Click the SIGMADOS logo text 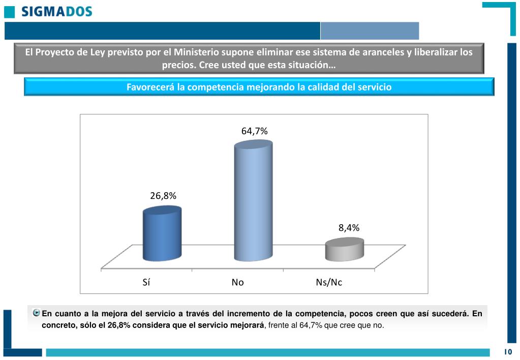(56, 11)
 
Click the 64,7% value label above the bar (254, 131)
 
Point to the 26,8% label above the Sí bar (163, 196)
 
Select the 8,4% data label (349, 228)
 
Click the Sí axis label (146, 282)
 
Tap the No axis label (237, 282)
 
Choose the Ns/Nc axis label (329, 282)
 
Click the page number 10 (508, 352)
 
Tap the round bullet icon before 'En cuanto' (36, 313)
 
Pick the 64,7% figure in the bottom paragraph (311, 325)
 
